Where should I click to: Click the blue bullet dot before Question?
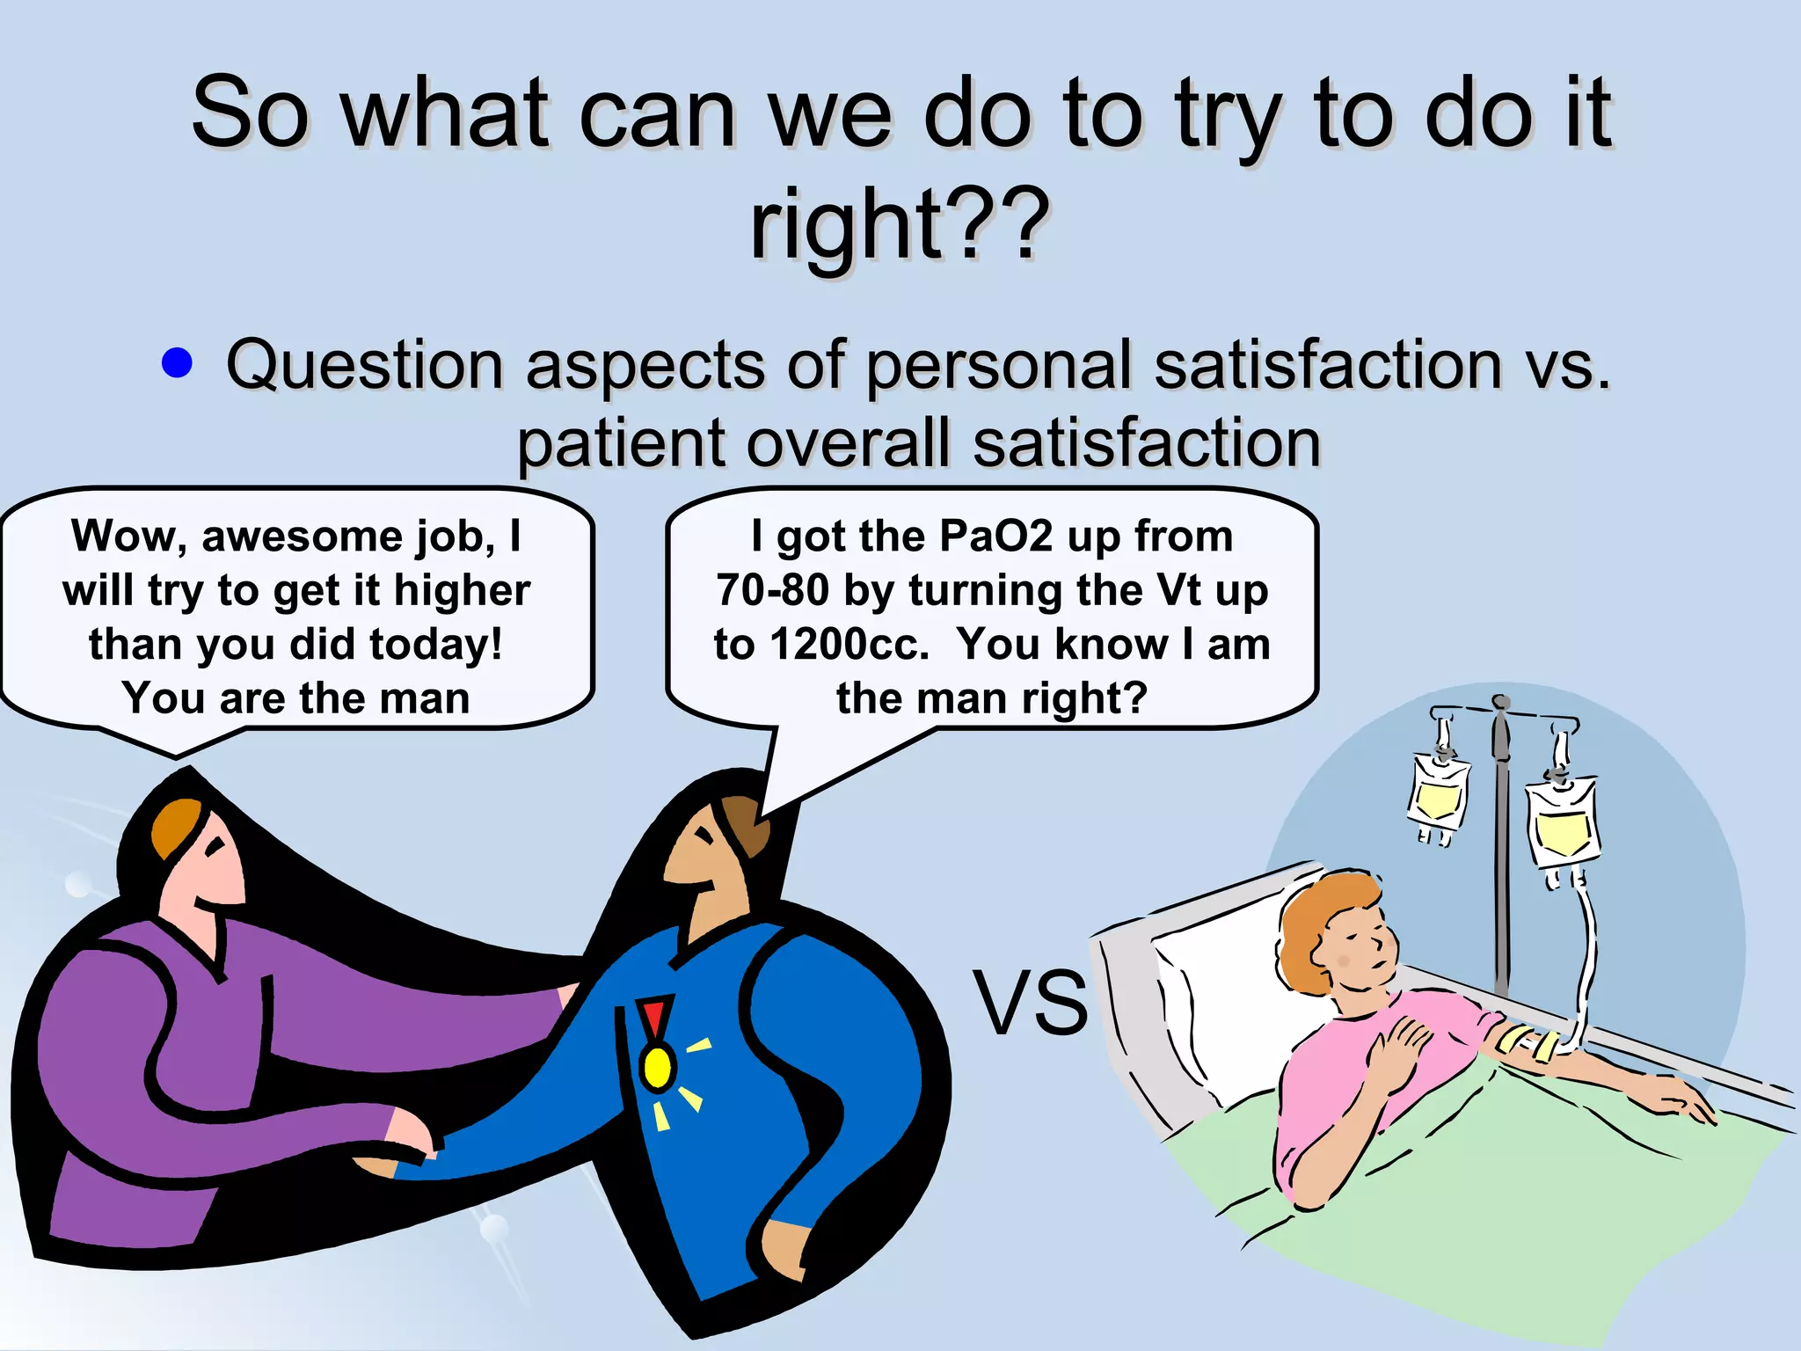[178, 362]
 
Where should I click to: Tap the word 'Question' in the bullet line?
[364, 364]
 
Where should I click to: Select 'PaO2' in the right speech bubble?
[995, 536]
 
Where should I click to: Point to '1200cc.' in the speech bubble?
[849, 644]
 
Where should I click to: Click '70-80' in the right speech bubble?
[772, 590]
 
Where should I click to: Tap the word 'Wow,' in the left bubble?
[129, 536]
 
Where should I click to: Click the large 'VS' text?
[1030, 1003]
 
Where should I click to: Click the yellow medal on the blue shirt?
[657, 1066]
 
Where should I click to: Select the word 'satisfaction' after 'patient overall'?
[1147, 442]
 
